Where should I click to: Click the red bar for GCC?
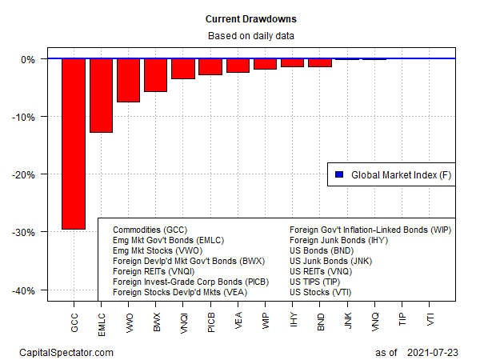point(74,144)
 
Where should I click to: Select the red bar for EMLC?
point(101,95)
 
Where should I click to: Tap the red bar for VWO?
point(128,80)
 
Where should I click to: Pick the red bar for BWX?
point(155,75)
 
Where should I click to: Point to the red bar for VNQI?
point(182,69)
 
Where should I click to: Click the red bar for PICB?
point(210,66)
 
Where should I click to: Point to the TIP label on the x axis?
point(402,317)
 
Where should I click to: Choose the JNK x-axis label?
point(348,318)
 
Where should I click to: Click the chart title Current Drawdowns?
point(239,18)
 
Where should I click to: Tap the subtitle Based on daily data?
point(239,36)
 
